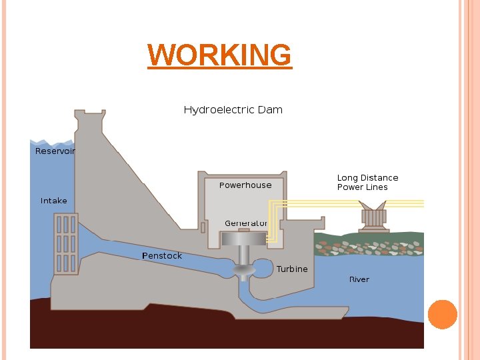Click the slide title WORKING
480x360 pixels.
[219, 55]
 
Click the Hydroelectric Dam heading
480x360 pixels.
[233, 109]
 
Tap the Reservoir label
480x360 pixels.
[55, 151]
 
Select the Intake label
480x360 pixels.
[53, 201]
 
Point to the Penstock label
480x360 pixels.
[162, 256]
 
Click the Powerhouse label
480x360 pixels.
[245, 185]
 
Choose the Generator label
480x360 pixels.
[246, 223]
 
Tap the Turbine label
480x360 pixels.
[292, 269]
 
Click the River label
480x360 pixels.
[359, 279]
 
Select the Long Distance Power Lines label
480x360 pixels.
[367, 183]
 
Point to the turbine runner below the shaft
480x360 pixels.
[243, 270]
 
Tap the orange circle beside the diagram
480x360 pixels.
[442, 314]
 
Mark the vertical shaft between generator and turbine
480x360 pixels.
[243, 254]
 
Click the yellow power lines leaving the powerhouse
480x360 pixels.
[347, 203]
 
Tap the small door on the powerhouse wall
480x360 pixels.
[203, 227]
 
